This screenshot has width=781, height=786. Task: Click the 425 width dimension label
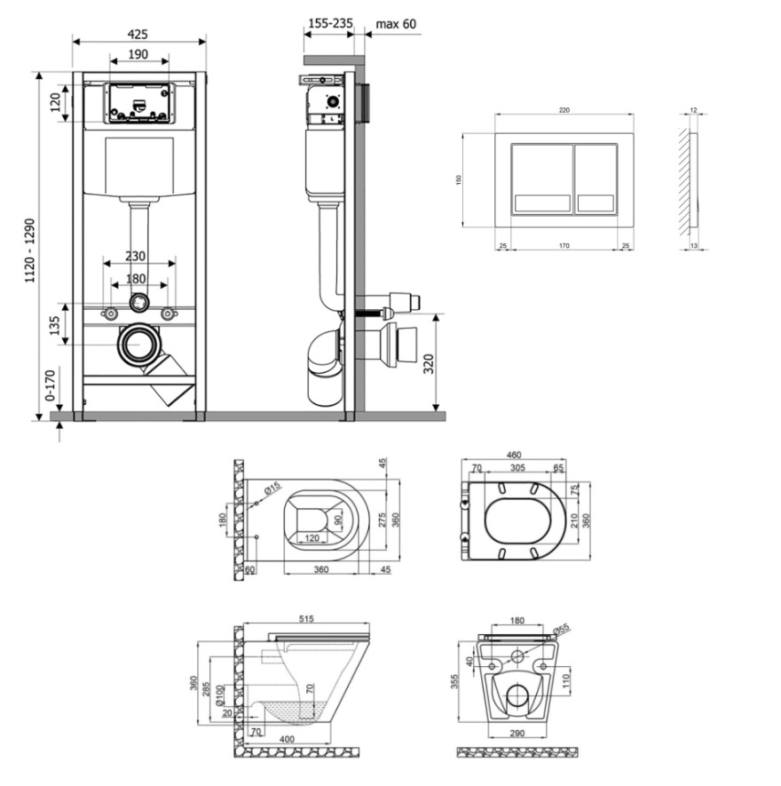tap(138, 34)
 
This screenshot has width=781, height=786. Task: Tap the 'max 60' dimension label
tap(395, 24)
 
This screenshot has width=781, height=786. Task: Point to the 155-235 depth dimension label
tap(329, 24)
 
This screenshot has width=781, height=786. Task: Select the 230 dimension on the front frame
tap(135, 256)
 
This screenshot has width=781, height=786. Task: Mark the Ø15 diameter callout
tap(272, 487)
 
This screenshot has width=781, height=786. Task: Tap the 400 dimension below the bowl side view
tap(286, 739)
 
